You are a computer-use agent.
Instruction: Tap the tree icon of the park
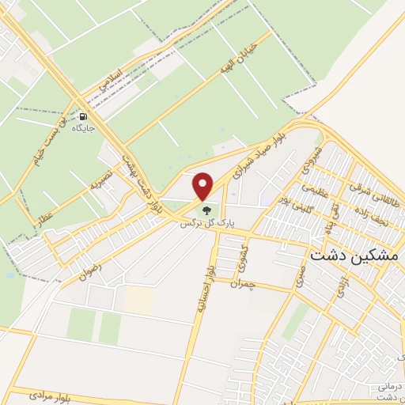(x=207, y=210)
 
